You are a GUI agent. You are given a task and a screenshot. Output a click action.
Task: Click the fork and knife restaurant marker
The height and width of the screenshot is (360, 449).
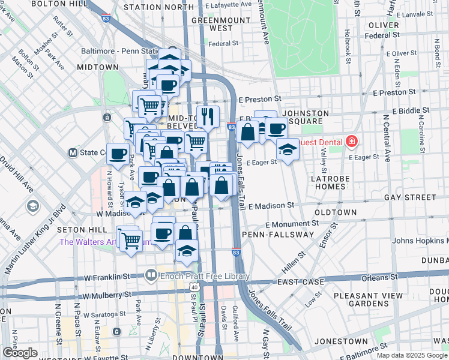208,116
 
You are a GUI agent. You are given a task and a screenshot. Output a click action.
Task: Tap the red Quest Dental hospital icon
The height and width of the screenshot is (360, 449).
351,142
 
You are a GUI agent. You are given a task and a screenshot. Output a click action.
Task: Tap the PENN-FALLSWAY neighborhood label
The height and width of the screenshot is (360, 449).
271,233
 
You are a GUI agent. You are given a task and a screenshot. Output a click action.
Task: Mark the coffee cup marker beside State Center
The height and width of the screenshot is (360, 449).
118,153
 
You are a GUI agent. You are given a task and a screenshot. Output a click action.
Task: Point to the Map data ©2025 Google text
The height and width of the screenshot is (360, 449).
412,355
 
